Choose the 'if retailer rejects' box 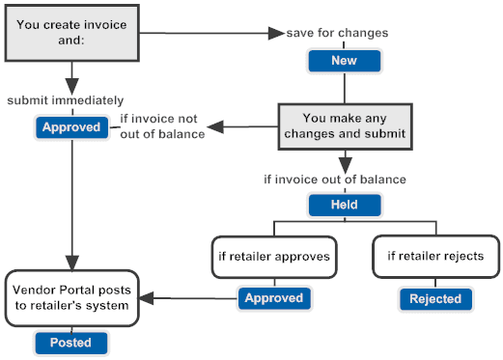coord(435,258)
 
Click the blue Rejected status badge coord(434,299)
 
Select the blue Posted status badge coord(71,342)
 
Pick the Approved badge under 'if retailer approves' coord(273,299)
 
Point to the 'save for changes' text coord(337,34)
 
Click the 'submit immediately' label coord(66,100)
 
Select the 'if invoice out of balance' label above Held coord(334,180)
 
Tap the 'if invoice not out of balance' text coord(162,126)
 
